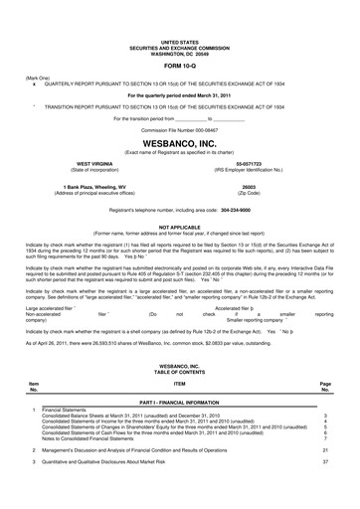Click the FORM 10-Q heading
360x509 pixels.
tap(179, 64)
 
